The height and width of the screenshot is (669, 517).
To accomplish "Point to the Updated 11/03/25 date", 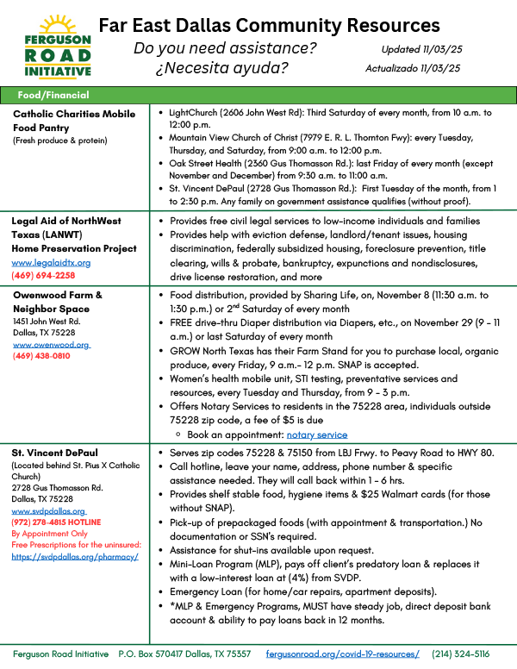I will (x=420, y=50).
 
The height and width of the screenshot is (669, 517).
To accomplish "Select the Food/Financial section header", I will (x=53, y=95).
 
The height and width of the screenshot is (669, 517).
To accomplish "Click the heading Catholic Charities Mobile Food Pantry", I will (x=74, y=121).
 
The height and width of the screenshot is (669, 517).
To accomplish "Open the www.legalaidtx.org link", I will (x=51, y=262).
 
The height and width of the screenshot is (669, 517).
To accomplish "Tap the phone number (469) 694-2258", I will (x=43, y=275).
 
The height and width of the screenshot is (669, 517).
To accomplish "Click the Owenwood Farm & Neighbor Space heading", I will (x=58, y=301).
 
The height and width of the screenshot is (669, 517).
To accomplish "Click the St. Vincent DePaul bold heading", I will (x=54, y=452).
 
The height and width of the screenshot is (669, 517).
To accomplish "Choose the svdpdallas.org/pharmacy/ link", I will (x=75, y=557).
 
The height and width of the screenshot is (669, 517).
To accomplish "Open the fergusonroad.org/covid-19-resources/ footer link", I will (x=343, y=655).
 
